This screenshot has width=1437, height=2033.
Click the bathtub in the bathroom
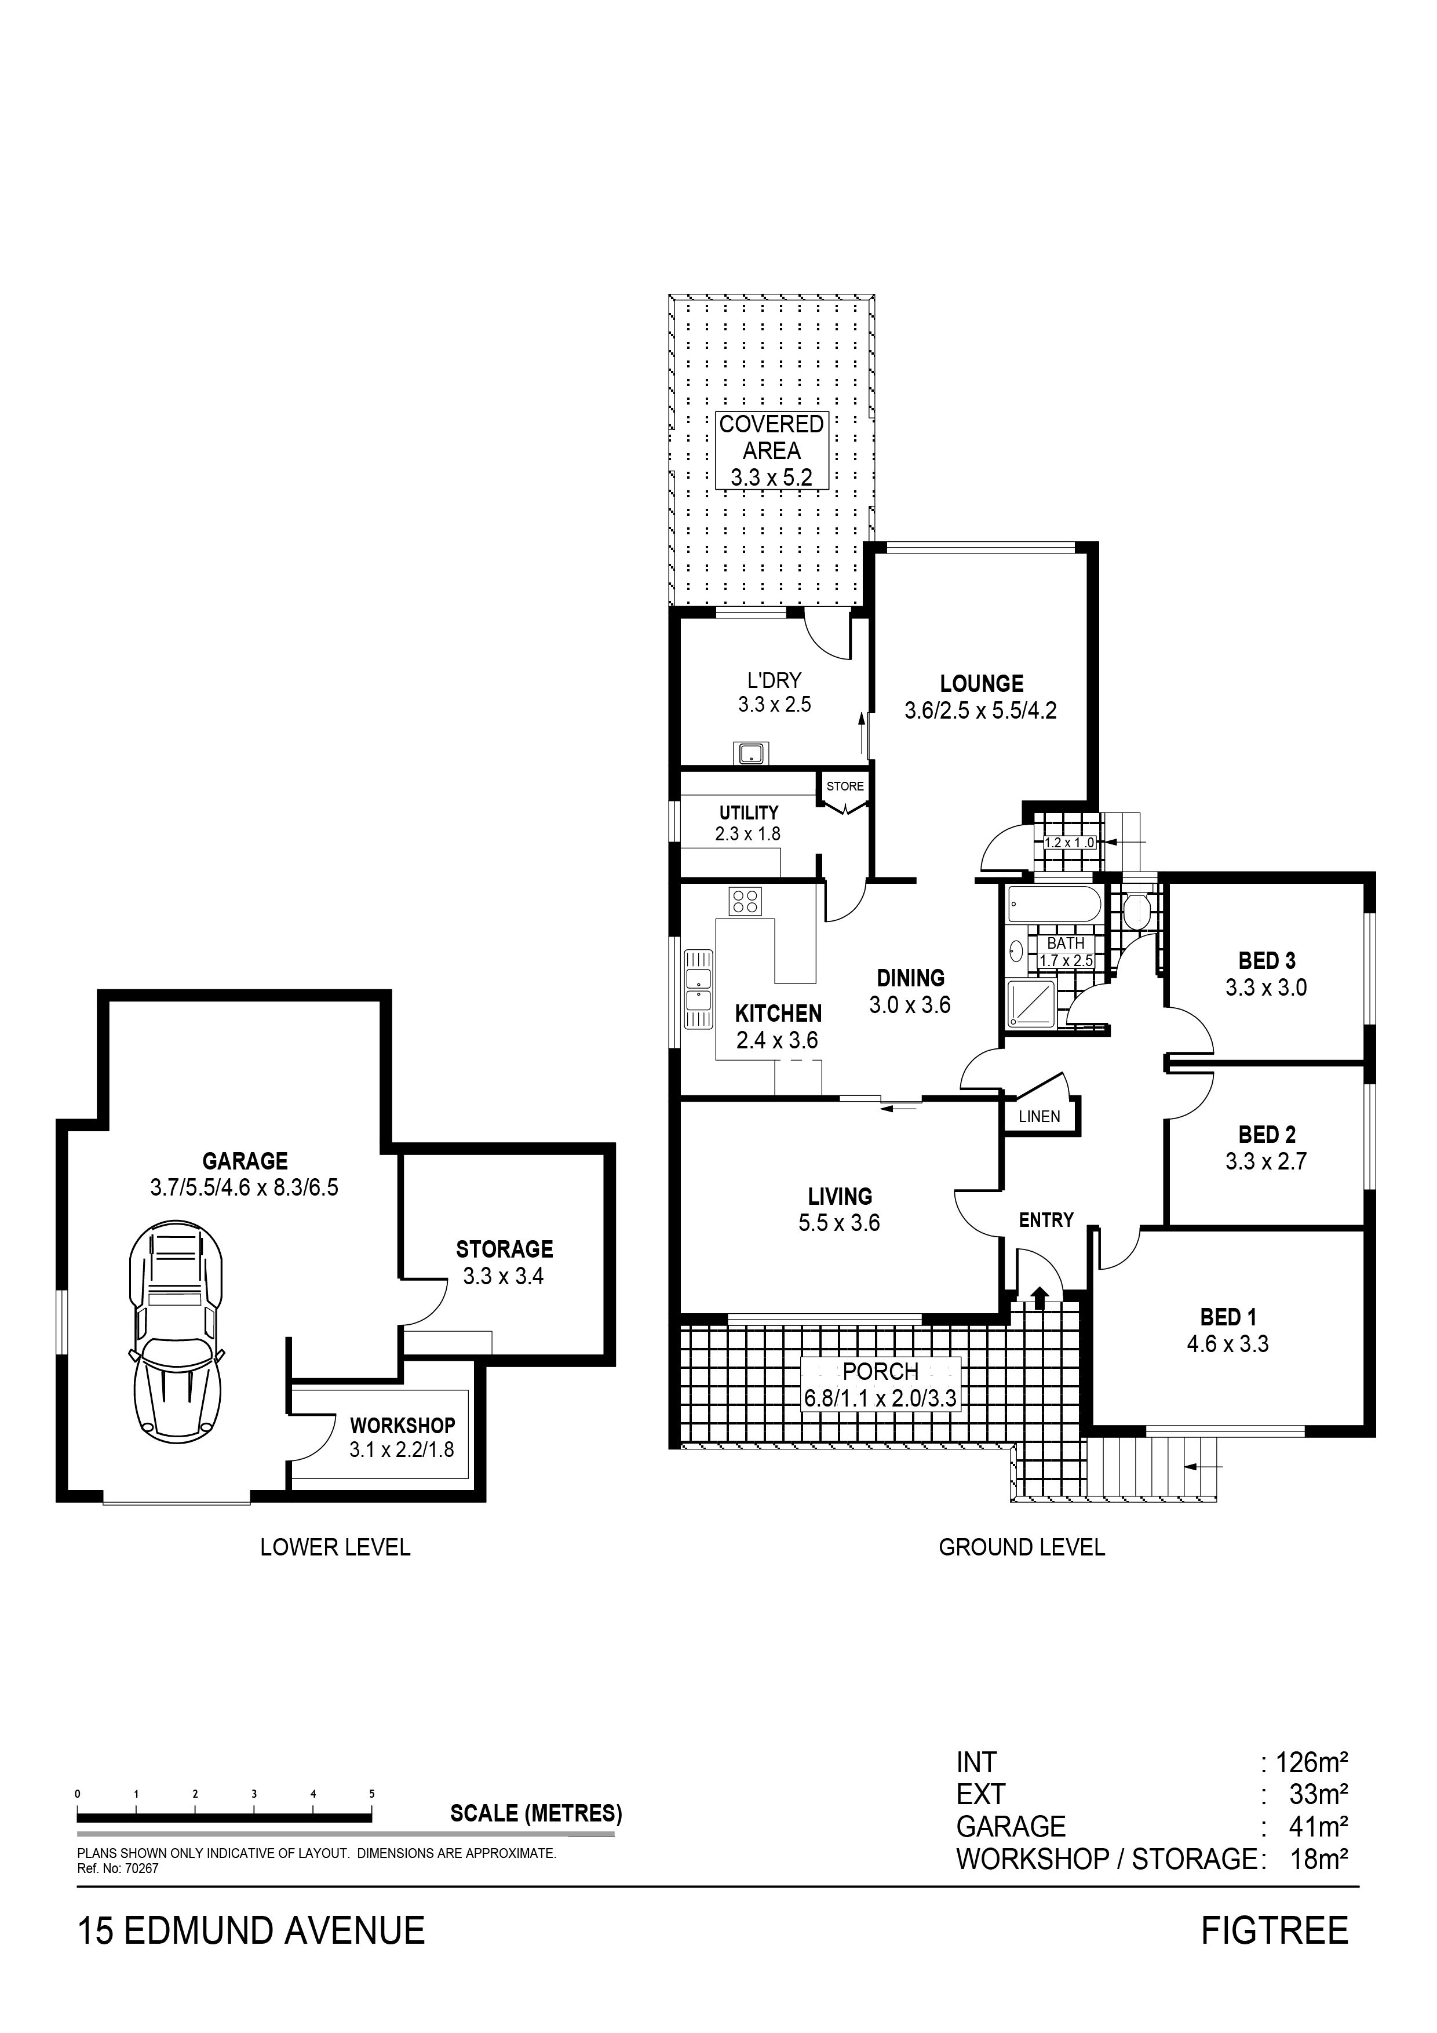click(x=1053, y=905)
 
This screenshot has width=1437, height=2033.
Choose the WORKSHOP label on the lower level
click(x=402, y=1426)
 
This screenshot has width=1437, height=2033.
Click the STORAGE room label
click(x=505, y=1249)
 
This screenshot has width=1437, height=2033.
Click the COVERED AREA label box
click(x=771, y=450)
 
